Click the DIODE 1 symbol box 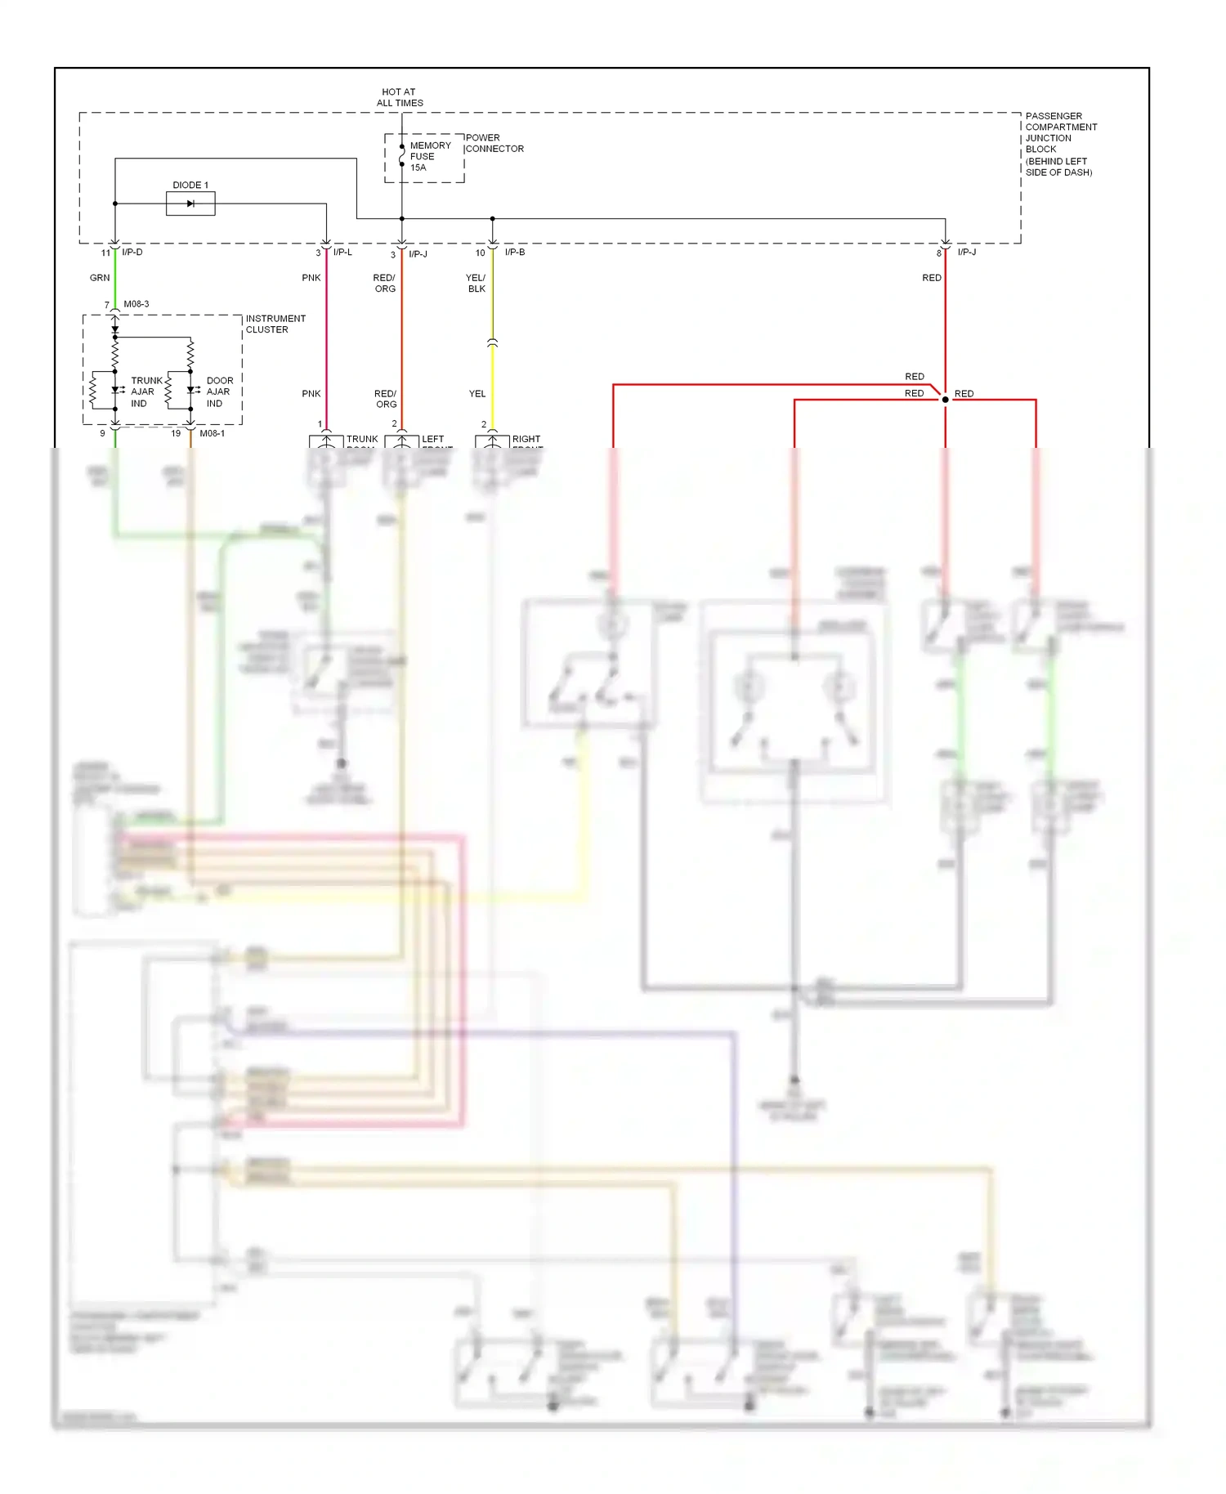click(190, 204)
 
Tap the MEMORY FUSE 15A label click(429, 156)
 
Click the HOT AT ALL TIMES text click(400, 97)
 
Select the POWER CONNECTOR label click(494, 143)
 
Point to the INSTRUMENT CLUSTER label click(275, 324)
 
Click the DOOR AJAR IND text click(219, 391)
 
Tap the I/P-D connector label click(132, 252)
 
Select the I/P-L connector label click(342, 252)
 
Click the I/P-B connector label click(515, 252)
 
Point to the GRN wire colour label click(100, 278)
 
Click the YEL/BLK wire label click(476, 283)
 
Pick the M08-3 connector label click(136, 304)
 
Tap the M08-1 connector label click(212, 433)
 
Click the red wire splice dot click(946, 400)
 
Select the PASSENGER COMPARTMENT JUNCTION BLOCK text click(1060, 144)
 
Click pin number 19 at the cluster click(176, 433)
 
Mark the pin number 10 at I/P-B click(481, 253)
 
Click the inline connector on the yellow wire click(492, 343)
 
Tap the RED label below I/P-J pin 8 click(932, 278)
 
